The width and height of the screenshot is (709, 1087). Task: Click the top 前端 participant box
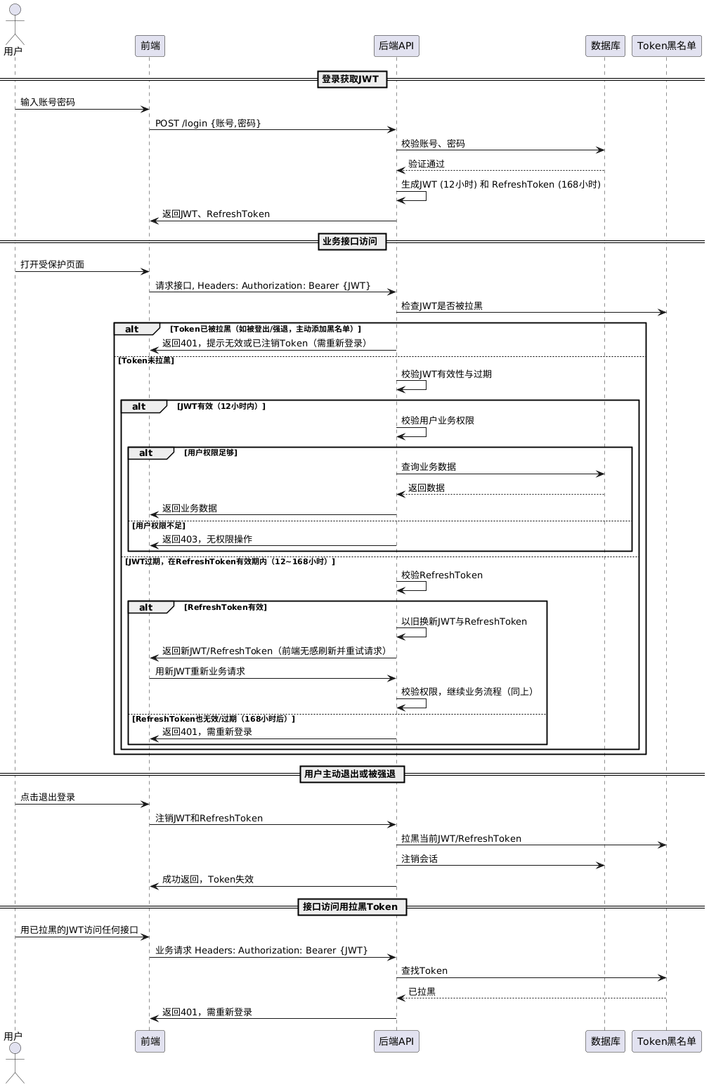[x=150, y=46]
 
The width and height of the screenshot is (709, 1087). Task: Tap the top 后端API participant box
[x=396, y=46]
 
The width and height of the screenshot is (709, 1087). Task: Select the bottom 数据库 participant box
[x=605, y=1041]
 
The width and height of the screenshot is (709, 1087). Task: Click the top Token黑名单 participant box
[x=666, y=46]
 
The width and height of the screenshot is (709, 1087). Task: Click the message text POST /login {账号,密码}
[x=208, y=123]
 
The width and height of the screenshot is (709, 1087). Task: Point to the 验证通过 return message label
[x=427, y=164]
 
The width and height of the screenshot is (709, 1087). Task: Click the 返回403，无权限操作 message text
[x=207, y=539]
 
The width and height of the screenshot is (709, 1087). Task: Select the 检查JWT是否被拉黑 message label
[x=442, y=306]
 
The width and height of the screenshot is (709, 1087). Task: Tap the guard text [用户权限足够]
[x=211, y=453]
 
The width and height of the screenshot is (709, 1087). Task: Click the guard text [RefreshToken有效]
[x=226, y=607]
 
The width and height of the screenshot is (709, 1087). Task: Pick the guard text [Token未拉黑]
[x=146, y=360]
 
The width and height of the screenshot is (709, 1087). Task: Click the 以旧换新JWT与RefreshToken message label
[x=464, y=621]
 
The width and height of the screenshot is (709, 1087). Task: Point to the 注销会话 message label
[x=419, y=859]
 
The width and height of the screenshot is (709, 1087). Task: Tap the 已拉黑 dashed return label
[x=422, y=991]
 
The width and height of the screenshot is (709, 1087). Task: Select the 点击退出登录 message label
[x=48, y=797]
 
